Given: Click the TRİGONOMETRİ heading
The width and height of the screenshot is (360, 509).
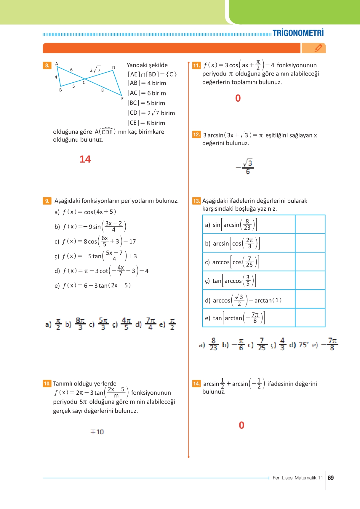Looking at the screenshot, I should pyautogui.click(x=298, y=33).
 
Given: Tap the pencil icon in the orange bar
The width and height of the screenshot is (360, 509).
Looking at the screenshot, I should pyautogui.click(x=318, y=48).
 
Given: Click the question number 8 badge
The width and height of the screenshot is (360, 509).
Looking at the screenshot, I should pyautogui.click(x=47, y=65).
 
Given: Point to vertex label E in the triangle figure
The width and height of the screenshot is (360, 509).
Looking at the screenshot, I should pyautogui.click(x=122, y=99).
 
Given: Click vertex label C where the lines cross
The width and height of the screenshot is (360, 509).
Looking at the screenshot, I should pyautogui.click(x=84, y=83).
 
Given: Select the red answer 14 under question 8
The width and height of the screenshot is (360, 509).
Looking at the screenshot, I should pyautogui.click(x=85, y=159).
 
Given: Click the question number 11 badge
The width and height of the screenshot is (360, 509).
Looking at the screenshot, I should pyautogui.click(x=196, y=65).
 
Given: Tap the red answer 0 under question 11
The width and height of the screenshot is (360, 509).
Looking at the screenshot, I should pyautogui.click(x=238, y=98).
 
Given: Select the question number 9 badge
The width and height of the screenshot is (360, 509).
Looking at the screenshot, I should pyautogui.click(x=47, y=201).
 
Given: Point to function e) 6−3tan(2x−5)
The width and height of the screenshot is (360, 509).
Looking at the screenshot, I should pyautogui.click(x=92, y=286).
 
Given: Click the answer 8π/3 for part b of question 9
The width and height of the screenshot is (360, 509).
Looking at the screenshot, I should pyautogui.click(x=80, y=324).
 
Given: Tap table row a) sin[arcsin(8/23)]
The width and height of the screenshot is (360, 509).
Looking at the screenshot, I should pyautogui.click(x=231, y=225).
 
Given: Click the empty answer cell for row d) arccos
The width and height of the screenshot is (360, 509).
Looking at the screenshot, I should pyautogui.click(x=310, y=299).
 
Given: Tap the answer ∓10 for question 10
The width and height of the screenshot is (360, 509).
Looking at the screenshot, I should pyautogui.click(x=97, y=432).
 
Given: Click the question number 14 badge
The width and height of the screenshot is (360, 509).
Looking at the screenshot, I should pyautogui.click(x=196, y=384).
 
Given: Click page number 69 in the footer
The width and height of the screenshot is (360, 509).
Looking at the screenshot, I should pyautogui.click(x=331, y=478).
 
